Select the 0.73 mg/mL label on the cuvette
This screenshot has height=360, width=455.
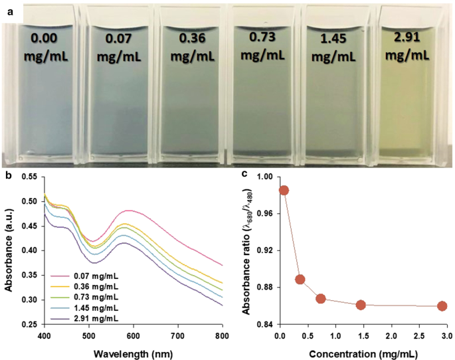point(262,43)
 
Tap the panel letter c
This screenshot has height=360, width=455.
point(245,174)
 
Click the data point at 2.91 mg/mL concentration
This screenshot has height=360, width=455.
point(442,306)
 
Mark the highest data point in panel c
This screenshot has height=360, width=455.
point(284,191)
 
